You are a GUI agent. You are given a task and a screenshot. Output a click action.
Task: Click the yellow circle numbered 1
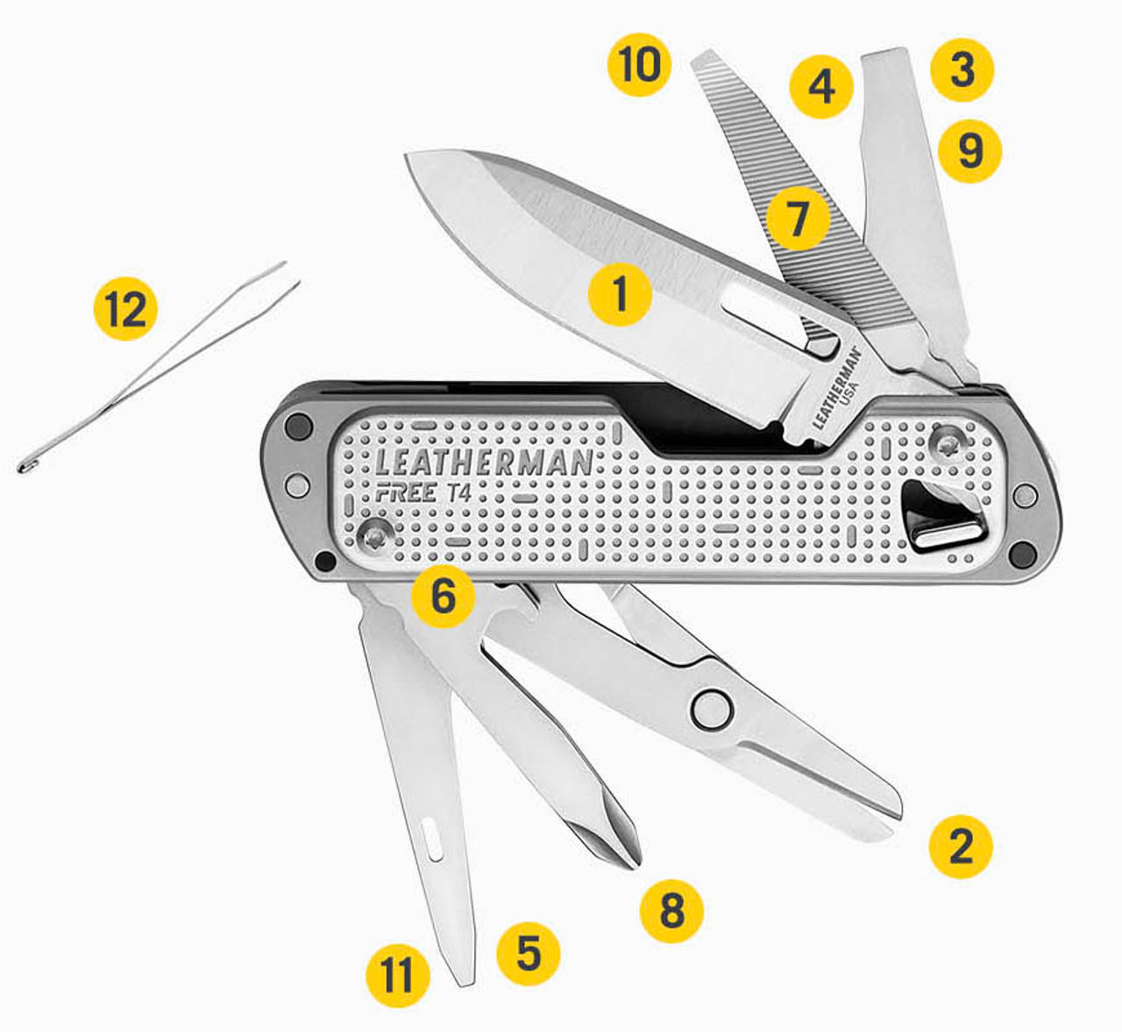click(620, 294)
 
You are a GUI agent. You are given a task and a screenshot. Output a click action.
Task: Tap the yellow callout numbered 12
click(126, 308)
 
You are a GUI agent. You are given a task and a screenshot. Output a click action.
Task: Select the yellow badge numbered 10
click(639, 64)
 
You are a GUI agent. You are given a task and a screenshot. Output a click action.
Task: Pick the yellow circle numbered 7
click(799, 218)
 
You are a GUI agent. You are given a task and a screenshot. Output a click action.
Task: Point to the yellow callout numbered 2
click(961, 846)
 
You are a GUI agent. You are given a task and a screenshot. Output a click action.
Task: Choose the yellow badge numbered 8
click(671, 911)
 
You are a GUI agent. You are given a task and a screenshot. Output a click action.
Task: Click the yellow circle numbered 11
click(398, 976)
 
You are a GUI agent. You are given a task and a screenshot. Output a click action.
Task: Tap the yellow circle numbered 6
click(443, 596)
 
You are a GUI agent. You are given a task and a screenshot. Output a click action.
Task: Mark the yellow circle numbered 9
click(969, 151)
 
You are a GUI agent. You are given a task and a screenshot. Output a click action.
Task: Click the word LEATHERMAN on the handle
click(485, 463)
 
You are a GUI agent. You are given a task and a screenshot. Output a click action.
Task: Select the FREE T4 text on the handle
click(423, 493)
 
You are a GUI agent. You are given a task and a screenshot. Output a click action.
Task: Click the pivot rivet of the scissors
click(712, 710)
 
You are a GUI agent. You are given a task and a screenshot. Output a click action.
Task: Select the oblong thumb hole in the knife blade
click(779, 319)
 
